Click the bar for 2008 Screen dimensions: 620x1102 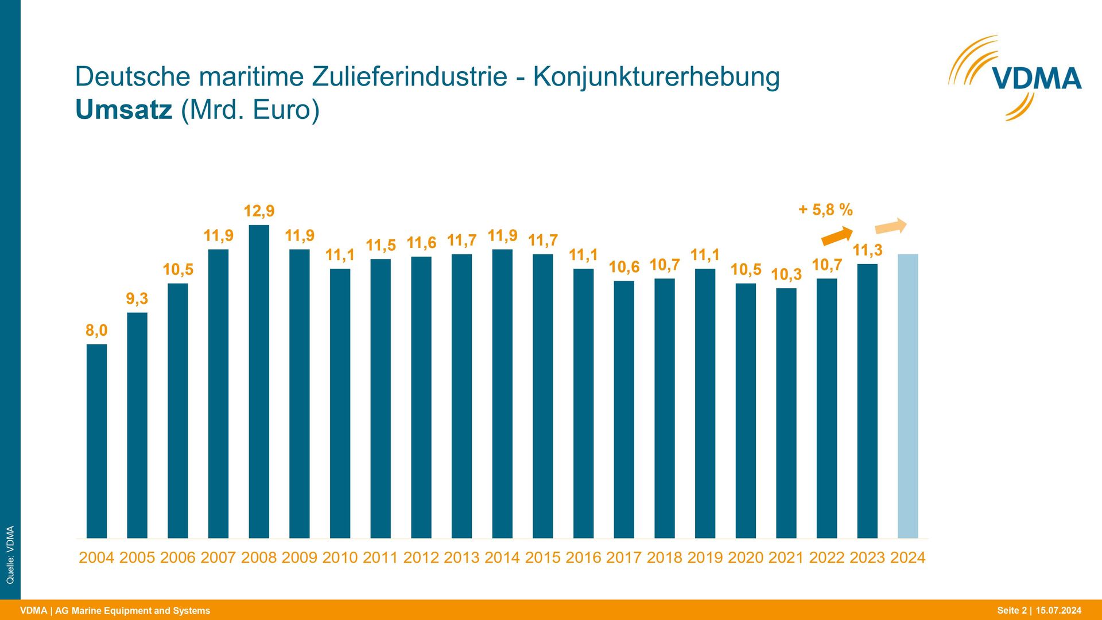coord(259,382)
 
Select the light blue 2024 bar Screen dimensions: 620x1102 coord(907,396)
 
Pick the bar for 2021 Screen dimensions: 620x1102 coord(786,413)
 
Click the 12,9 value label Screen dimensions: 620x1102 coord(259,211)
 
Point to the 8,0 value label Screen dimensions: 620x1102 coord(96,331)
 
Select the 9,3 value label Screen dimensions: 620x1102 coord(137,299)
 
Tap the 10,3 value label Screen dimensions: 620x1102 coord(786,274)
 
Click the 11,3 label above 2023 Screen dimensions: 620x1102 coord(867,250)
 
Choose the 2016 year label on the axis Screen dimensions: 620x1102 coord(583,557)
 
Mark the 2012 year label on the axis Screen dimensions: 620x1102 coord(421,557)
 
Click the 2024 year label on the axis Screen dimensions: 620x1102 coord(907,557)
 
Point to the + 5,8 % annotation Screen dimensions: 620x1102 coord(825,210)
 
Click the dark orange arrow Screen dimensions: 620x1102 coord(837,235)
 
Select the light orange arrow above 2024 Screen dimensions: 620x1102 coord(891,226)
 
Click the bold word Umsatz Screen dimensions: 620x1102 coord(123,110)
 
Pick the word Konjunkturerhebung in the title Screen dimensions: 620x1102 coord(656,77)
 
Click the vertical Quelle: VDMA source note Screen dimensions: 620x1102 coord(10,555)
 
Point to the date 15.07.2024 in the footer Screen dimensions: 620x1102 coord(1058,610)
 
